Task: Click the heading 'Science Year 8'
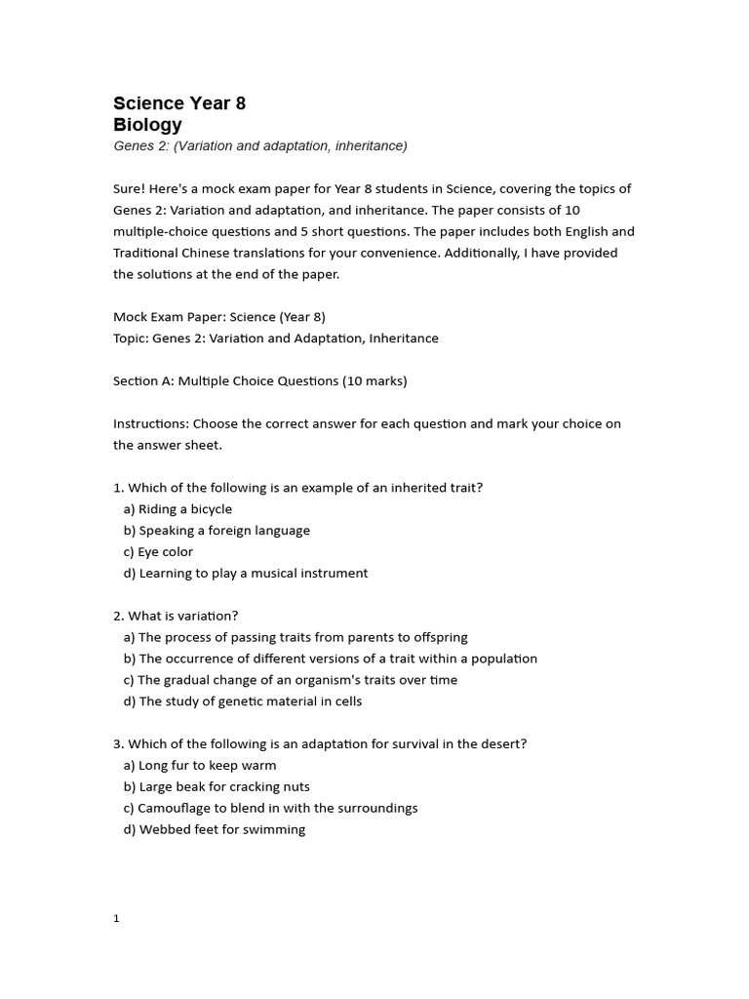click(x=179, y=103)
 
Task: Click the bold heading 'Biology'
click(x=147, y=125)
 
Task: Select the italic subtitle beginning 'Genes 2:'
click(x=259, y=146)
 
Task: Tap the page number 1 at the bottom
click(x=116, y=918)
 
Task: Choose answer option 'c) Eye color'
click(x=158, y=552)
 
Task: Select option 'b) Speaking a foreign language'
click(x=217, y=531)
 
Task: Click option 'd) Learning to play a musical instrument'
click(x=246, y=574)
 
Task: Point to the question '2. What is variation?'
click(x=176, y=616)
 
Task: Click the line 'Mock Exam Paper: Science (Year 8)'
click(x=219, y=317)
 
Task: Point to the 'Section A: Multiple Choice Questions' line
click(x=259, y=381)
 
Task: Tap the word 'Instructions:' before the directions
click(x=151, y=424)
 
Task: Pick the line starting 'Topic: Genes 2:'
click(x=276, y=339)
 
